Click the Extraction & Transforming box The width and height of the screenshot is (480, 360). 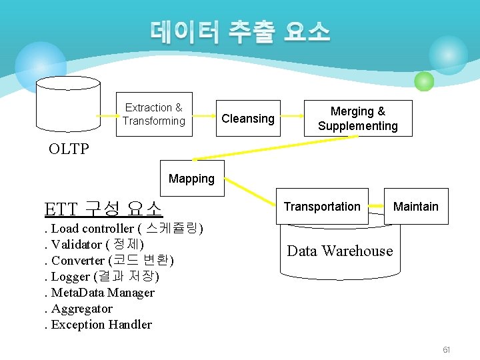154,114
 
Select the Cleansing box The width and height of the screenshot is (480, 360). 248,119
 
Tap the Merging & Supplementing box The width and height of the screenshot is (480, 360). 358,119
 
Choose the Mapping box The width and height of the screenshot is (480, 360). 192,178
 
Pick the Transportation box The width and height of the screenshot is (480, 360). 322,207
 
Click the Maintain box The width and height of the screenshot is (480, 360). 415,207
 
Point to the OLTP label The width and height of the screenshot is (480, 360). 69,149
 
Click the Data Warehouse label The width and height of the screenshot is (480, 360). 339,251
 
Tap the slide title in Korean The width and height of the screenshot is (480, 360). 240,31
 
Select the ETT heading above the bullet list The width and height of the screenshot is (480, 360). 103,209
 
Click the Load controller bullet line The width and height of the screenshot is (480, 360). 124,229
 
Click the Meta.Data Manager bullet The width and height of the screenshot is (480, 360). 100,293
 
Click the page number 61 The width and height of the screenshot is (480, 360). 446,350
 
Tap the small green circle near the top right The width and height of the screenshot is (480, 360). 424,81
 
